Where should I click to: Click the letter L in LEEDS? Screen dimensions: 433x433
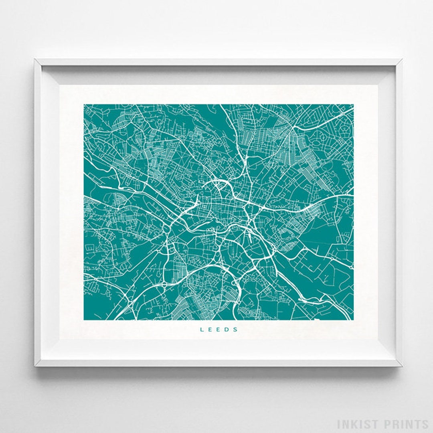[202, 330]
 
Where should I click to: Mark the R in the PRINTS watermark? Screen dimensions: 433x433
[394, 424]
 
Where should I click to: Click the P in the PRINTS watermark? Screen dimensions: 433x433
[386, 424]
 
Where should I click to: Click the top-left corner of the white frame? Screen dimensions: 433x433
[35, 60]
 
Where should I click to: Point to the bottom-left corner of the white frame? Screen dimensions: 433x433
[35, 366]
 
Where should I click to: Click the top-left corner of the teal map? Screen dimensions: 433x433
[84, 105]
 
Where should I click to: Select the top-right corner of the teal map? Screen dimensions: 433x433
[353, 105]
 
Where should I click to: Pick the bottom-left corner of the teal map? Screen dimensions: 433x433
[84, 320]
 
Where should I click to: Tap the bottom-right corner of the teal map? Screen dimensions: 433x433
[353, 320]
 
